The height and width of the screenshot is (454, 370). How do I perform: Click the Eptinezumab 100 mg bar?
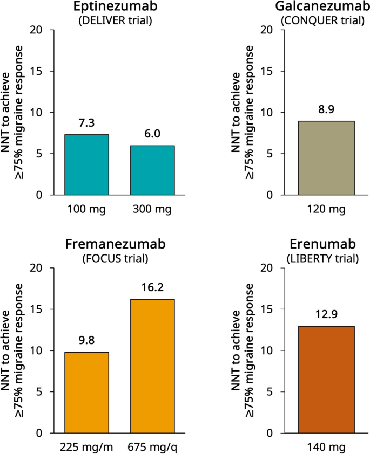click(86, 164)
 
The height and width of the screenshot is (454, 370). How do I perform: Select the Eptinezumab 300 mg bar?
click(152, 170)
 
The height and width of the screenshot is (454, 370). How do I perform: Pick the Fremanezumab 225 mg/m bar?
click(86, 392)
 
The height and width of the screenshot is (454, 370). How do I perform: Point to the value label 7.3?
click(86, 123)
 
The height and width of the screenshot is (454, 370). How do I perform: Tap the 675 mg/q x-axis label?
click(152, 446)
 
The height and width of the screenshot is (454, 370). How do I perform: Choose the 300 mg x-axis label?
click(152, 209)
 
